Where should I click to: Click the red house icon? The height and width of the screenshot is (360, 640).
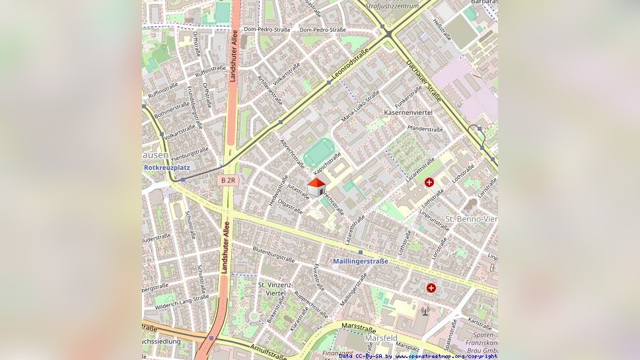(x=316, y=187)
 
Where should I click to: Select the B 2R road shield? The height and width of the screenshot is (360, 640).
(x=227, y=180)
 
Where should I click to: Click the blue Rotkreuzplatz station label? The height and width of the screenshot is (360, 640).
(x=166, y=168)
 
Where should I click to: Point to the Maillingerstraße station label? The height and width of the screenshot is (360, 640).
(x=361, y=261)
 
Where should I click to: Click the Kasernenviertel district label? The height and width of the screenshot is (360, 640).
(x=408, y=113)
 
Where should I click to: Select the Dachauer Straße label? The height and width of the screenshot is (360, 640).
(x=424, y=82)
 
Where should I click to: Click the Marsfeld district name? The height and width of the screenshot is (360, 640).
(x=381, y=338)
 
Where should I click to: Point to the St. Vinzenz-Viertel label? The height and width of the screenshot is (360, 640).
(x=275, y=289)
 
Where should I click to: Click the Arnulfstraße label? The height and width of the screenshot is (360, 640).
(x=269, y=351)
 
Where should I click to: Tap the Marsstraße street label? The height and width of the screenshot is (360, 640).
(x=358, y=328)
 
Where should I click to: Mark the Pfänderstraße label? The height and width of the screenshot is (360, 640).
(x=425, y=129)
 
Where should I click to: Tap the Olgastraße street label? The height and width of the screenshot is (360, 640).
(x=290, y=206)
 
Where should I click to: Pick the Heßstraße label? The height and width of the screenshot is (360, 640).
(x=442, y=28)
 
